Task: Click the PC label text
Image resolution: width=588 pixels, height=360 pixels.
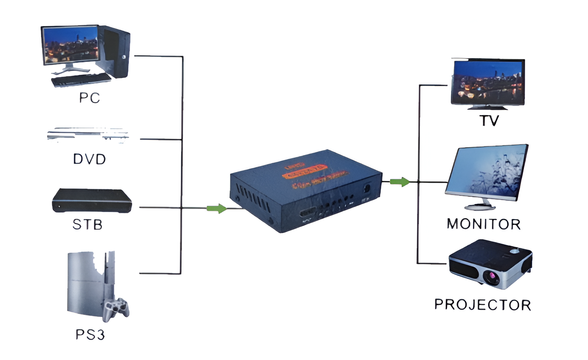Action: point(89,98)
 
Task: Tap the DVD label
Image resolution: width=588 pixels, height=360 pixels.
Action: point(89,159)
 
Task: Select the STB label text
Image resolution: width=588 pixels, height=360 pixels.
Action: point(88,224)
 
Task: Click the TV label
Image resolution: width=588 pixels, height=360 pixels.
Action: point(489,121)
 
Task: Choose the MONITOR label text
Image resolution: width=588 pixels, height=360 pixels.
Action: point(484,224)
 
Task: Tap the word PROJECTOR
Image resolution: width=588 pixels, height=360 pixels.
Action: point(483,304)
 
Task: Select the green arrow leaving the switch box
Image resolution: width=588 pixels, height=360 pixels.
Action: point(400,182)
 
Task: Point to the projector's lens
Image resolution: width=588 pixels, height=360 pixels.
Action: point(491,277)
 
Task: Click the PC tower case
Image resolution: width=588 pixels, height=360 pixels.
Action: point(115,51)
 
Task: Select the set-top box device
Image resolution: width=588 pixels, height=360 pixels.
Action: point(92,201)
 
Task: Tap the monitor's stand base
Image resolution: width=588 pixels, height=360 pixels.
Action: point(479,207)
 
